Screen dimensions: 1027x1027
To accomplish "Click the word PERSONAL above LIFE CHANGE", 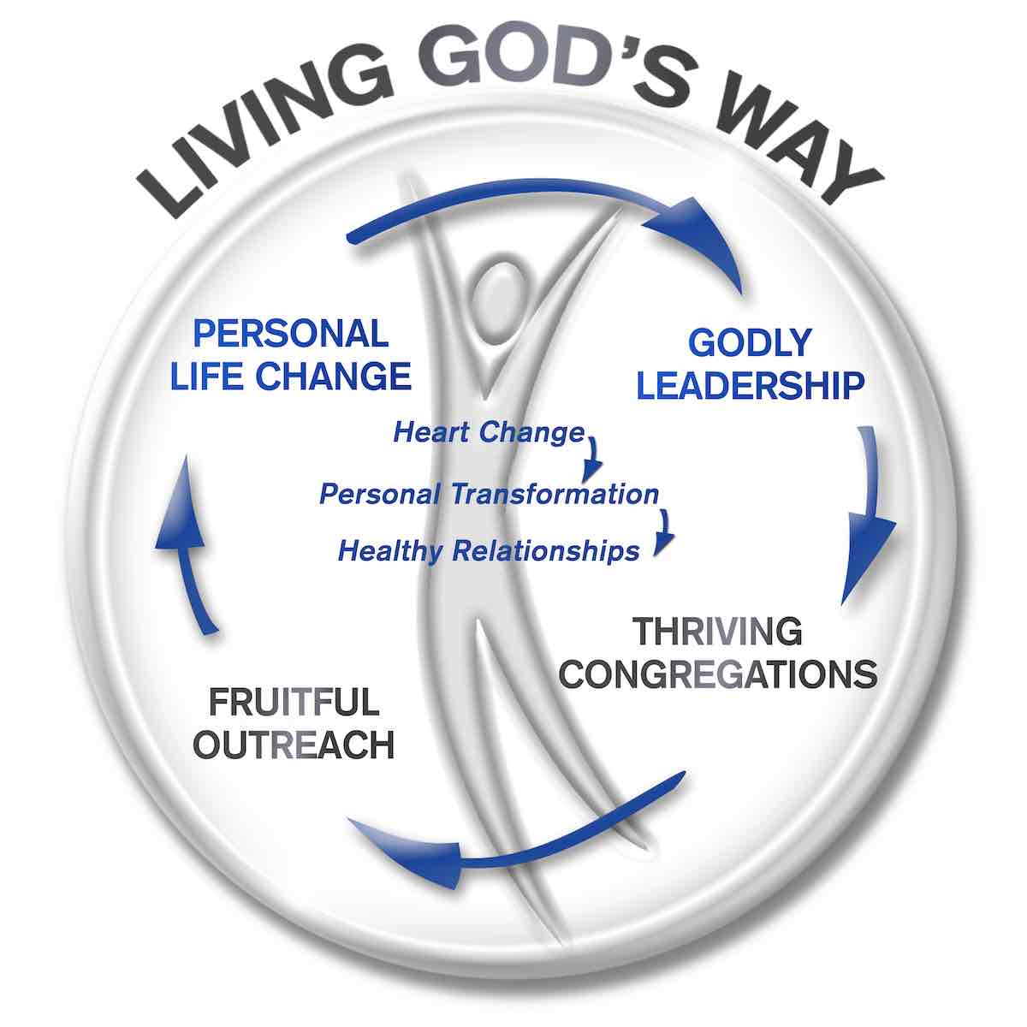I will (x=291, y=333).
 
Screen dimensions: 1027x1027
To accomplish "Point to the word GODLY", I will (x=750, y=342).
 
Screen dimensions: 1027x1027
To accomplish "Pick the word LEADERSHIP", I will (x=750, y=385).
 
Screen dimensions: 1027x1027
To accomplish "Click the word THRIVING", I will (x=717, y=632).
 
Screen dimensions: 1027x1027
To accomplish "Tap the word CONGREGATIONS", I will (x=717, y=674).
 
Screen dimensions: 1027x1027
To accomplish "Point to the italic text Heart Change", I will (x=489, y=432).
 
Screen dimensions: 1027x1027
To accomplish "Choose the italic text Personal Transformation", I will (x=489, y=494).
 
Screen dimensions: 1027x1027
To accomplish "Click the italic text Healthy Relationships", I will (x=489, y=549).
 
